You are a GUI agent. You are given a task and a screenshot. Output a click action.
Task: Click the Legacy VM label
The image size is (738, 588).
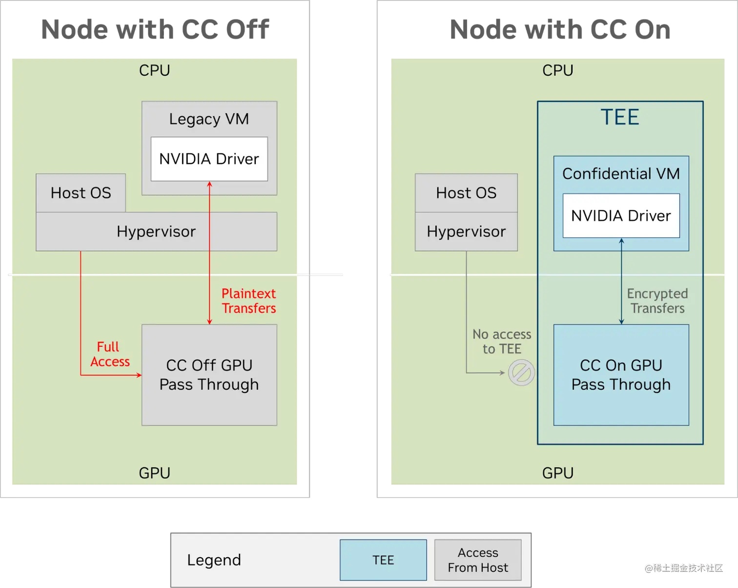click(x=209, y=119)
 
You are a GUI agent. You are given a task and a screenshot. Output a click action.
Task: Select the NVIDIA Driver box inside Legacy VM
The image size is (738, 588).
click(x=209, y=159)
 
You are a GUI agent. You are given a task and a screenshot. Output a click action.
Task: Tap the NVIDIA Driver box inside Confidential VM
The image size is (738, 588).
click(x=621, y=215)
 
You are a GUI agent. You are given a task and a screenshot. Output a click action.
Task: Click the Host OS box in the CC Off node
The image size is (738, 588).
click(x=81, y=193)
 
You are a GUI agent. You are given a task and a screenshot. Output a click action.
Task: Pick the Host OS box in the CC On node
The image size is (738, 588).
click(x=466, y=193)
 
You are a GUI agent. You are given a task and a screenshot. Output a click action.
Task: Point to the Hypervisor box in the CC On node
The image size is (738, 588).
click(x=466, y=231)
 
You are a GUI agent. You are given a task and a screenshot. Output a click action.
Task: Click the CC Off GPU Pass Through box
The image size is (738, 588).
click(x=209, y=375)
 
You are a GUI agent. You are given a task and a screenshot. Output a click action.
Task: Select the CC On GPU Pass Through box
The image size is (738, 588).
click(x=621, y=375)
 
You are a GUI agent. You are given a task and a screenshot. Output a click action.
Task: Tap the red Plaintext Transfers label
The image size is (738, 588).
click(x=248, y=301)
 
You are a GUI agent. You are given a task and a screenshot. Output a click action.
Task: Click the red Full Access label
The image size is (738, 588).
click(x=110, y=354)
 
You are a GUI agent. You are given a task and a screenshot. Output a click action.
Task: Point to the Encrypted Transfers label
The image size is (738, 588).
click(x=657, y=301)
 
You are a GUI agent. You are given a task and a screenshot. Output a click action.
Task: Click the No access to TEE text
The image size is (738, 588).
click(x=502, y=341)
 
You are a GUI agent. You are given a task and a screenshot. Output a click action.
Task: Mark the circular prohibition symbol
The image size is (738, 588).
click(x=521, y=373)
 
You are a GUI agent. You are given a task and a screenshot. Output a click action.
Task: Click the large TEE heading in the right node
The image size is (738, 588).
click(x=619, y=118)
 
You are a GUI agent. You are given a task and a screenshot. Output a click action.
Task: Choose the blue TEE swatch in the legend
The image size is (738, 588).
click(x=383, y=560)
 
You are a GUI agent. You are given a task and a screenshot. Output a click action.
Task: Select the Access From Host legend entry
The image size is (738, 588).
click(x=478, y=560)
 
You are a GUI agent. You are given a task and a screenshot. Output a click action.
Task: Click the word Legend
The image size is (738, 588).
click(x=214, y=560)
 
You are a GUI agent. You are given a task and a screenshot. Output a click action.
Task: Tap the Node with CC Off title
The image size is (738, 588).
click(x=155, y=30)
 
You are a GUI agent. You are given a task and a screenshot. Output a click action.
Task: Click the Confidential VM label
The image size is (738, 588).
click(x=621, y=174)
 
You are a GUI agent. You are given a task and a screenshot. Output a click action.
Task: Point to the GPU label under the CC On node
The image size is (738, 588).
click(x=557, y=473)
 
